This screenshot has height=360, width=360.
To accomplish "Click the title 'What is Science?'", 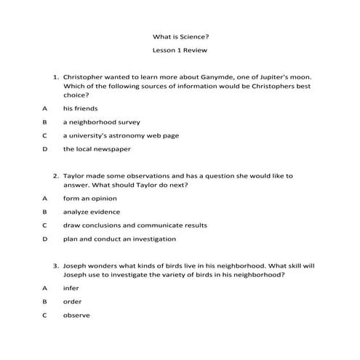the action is [180, 35].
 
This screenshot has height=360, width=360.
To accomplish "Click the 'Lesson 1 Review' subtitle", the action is [180, 52].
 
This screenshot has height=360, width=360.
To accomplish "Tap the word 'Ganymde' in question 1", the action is [195, 76].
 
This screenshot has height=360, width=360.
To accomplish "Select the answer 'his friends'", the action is [80, 108].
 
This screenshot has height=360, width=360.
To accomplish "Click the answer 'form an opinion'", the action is [89, 198].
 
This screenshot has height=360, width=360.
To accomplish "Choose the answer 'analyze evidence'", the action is [92, 212].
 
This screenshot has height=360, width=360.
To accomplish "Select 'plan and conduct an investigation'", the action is [119, 239].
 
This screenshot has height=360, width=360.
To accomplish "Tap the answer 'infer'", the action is [71, 288].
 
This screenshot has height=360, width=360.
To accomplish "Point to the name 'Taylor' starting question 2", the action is [74, 176].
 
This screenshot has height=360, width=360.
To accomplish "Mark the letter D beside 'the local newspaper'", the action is [44, 149].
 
